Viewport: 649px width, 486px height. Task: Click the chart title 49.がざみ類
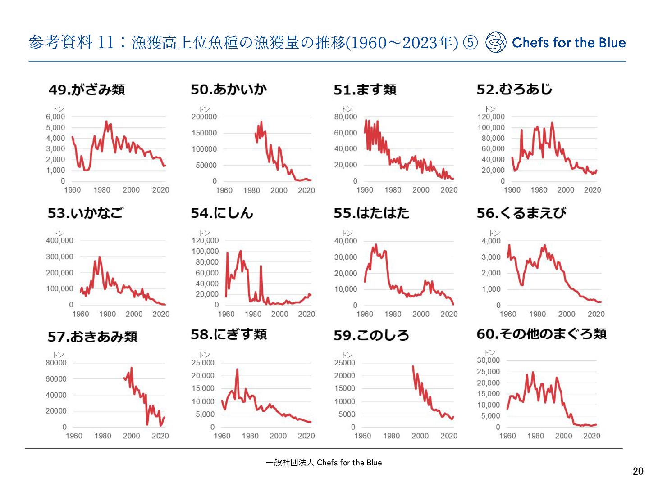[87, 90]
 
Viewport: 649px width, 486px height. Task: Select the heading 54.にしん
[222, 213]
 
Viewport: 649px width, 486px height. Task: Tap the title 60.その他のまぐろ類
[541, 334]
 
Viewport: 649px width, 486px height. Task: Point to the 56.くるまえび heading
[521, 213]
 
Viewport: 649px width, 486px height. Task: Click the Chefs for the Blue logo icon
[496, 42]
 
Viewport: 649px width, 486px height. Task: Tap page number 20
[638, 471]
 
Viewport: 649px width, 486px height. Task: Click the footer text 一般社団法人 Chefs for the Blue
[324, 463]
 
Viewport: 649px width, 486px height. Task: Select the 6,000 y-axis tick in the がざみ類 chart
[55, 117]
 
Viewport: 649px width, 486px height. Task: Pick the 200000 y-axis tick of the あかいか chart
[204, 117]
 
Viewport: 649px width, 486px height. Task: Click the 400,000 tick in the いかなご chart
[59, 240]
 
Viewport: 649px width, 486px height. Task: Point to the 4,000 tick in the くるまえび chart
[491, 241]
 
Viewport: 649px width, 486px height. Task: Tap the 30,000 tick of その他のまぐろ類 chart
[488, 360]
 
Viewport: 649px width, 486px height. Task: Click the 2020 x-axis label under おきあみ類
[160, 436]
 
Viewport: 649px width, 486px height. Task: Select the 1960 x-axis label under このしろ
[362, 436]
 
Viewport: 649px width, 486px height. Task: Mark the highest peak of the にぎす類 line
[237, 369]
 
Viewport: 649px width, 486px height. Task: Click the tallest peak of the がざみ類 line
[106, 121]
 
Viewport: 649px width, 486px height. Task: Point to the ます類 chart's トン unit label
[347, 108]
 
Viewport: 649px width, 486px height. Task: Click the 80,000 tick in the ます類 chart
[346, 117]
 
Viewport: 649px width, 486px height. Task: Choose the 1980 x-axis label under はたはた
[393, 314]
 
